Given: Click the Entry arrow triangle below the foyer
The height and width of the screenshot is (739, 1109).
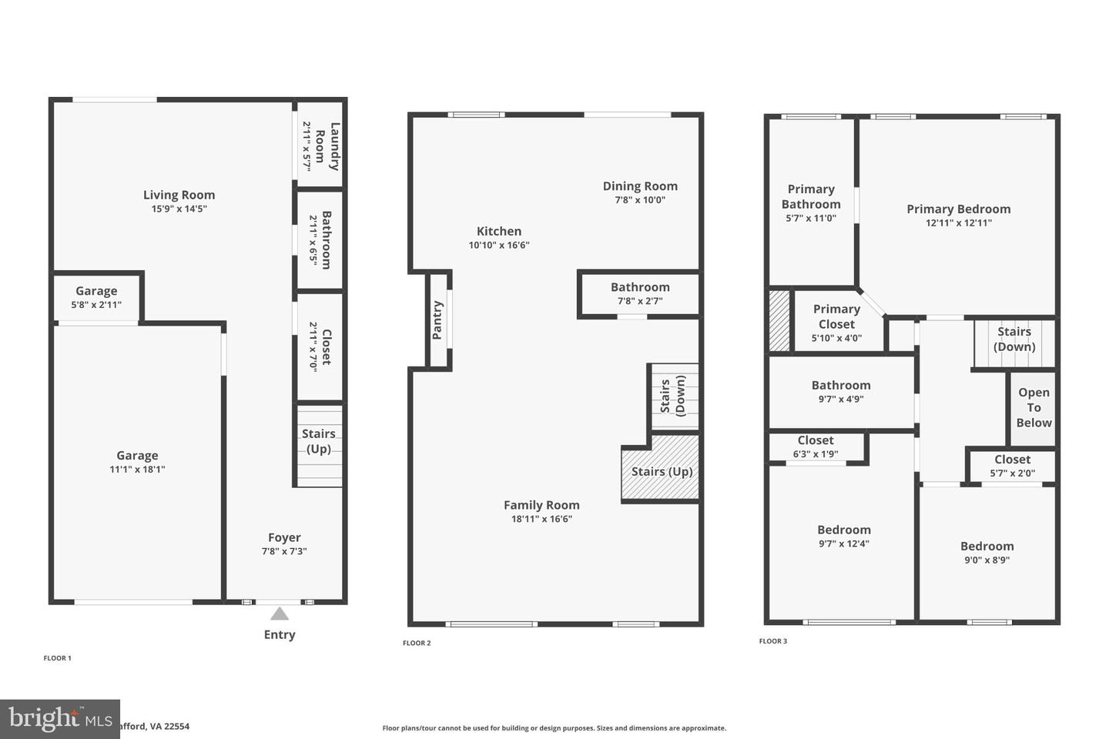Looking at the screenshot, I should click(x=280, y=614).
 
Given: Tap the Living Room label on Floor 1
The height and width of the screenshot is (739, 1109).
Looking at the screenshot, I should click(x=179, y=196).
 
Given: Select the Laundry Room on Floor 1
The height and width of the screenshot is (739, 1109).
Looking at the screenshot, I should click(x=320, y=145).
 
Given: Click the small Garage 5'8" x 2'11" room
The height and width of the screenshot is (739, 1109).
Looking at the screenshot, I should click(x=96, y=297).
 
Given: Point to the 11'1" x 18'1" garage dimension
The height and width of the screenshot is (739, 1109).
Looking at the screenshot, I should click(x=137, y=469).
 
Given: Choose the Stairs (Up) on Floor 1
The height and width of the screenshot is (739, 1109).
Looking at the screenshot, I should click(x=318, y=442).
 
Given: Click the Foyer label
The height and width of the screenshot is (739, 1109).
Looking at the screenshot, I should click(x=284, y=537).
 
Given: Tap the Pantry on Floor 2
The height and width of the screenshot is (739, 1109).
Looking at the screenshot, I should click(x=437, y=320).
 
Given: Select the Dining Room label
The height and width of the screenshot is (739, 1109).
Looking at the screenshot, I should click(x=640, y=186).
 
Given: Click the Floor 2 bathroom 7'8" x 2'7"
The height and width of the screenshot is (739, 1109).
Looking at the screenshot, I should click(x=640, y=293).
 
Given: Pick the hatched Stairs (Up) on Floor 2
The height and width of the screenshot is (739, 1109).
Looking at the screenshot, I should click(x=662, y=471).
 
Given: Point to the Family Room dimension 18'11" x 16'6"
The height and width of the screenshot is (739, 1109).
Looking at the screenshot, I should click(x=541, y=519).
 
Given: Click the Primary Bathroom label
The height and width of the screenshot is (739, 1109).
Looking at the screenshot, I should click(x=811, y=196).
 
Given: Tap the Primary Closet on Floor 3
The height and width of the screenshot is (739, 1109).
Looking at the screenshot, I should click(x=836, y=323).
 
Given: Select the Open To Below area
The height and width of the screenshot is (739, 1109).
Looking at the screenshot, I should click(x=1034, y=407).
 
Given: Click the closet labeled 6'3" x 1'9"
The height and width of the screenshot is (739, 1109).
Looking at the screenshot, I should click(x=816, y=446).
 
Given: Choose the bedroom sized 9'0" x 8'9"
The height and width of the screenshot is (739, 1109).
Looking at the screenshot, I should click(x=987, y=553).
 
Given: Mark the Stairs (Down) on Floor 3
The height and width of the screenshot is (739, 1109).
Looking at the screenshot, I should click(x=1014, y=339).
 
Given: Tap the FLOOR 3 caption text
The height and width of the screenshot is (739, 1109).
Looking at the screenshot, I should click(x=773, y=641).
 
